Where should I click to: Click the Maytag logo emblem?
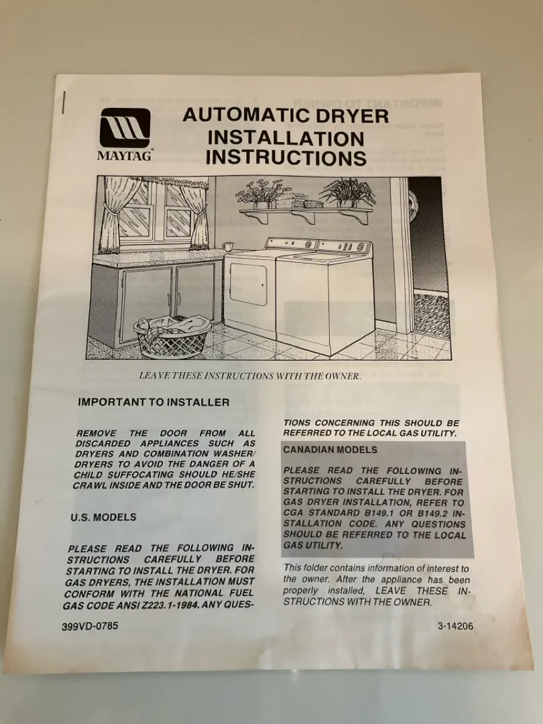[125, 128]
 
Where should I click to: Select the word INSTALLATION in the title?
[286, 138]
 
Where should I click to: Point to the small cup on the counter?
[227, 246]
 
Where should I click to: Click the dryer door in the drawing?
[249, 284]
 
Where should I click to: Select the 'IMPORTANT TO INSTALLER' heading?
[154, 402]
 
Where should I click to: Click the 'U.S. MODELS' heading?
[103, 517]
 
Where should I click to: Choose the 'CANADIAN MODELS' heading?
[330, 450]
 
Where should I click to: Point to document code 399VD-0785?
[90, 626]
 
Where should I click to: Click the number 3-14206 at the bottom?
[455, 626]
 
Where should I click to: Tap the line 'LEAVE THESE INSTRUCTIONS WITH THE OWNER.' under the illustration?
[250, 376]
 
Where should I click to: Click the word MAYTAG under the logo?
[124, 156]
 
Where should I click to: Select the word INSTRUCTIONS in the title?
[286, 158]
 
